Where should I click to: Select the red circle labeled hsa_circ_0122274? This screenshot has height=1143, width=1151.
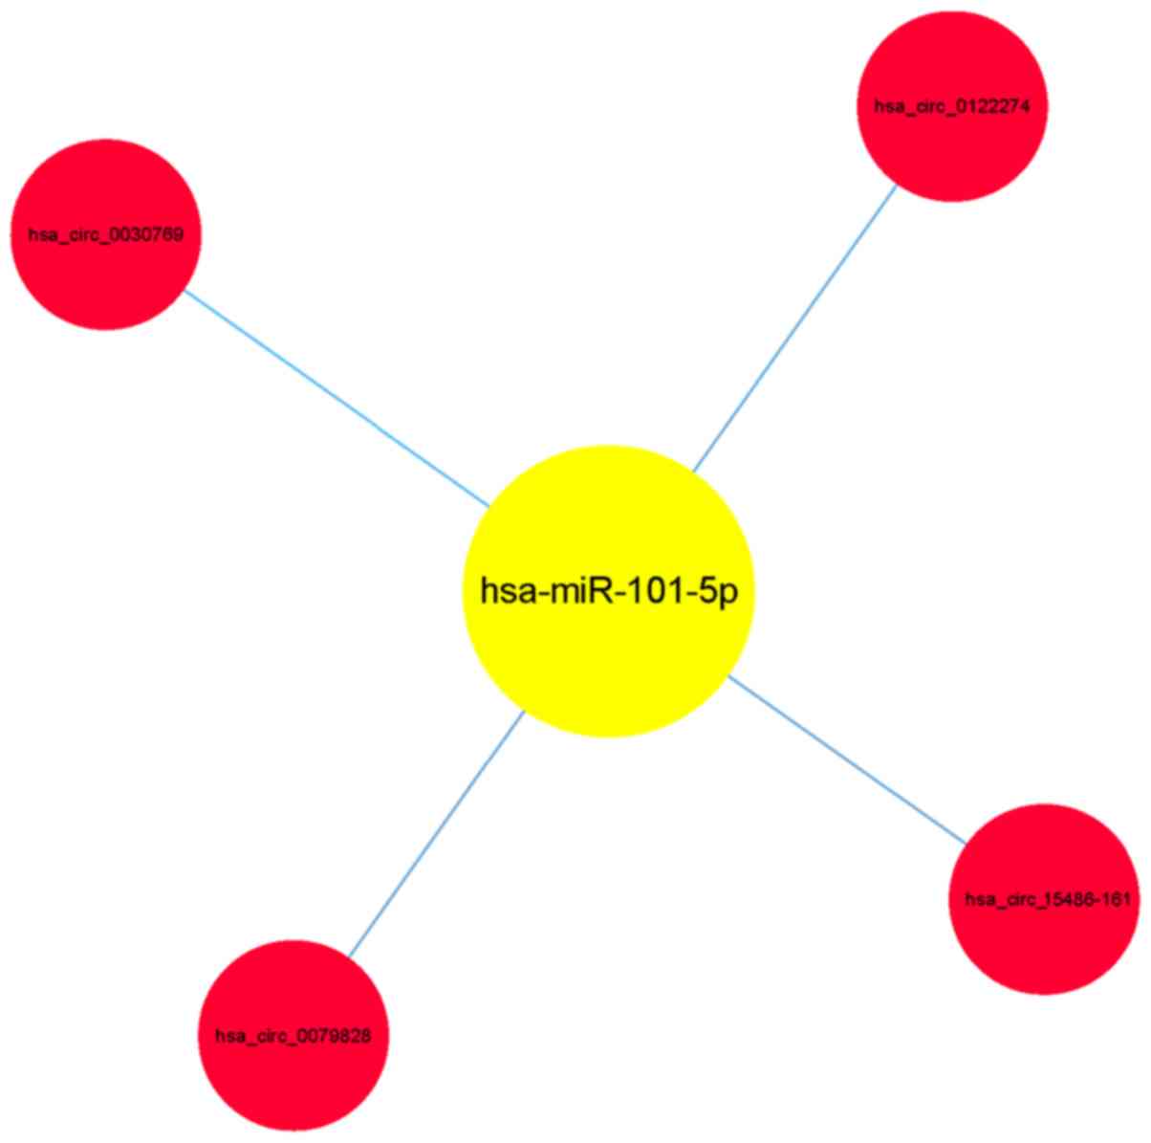952,143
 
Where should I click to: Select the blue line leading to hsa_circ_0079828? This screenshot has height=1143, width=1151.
436,833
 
